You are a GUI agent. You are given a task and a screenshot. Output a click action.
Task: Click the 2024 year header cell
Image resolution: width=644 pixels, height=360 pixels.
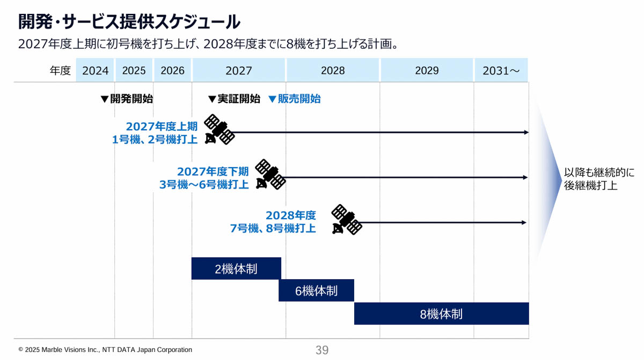pos(96,71)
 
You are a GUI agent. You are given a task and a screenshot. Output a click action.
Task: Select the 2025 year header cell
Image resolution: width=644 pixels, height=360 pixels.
pos(134,71)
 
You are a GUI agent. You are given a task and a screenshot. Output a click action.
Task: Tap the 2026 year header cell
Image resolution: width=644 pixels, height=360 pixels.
pos(172,71)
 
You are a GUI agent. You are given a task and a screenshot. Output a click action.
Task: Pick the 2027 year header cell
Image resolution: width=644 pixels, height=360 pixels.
pos(239,71)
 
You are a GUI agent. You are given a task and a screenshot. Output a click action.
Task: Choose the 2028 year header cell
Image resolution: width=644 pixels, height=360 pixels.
pos(333,71)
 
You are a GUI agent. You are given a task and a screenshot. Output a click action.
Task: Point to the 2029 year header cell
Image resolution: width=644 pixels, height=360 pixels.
pos(427,71)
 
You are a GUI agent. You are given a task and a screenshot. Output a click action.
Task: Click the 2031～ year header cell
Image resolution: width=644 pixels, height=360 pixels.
pos(501,71)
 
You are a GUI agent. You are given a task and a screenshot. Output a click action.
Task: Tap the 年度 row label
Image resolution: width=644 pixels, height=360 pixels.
pos(60,71)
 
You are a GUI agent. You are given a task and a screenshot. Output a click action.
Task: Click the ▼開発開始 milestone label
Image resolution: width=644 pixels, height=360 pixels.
pos(127,99)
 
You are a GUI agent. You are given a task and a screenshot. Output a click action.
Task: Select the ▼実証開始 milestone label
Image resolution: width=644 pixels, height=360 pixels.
pos(234,99)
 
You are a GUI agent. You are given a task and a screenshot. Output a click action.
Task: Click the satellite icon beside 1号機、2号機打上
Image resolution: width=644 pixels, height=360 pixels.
pos(219,129)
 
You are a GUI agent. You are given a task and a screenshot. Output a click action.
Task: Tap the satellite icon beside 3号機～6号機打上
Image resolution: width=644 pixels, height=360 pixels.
pos(270,174)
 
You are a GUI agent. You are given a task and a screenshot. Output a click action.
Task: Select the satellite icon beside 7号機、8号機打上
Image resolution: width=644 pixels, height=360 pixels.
pos(346,220)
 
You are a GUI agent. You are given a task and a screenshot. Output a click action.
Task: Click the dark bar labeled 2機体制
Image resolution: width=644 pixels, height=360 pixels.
pos(236,268)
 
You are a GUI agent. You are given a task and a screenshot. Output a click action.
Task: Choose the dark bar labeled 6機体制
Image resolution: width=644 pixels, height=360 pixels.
pos(316,290)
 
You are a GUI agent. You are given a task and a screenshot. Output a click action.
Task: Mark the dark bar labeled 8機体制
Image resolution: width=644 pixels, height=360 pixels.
pos(441,313)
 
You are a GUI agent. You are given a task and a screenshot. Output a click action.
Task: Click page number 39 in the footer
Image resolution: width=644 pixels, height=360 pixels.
pos(322,350)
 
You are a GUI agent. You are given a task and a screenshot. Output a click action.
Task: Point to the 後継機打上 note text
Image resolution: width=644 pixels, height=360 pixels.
pos(590,186)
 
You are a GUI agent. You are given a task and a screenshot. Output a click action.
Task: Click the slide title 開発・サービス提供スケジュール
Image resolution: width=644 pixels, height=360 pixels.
pos(129,21)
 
